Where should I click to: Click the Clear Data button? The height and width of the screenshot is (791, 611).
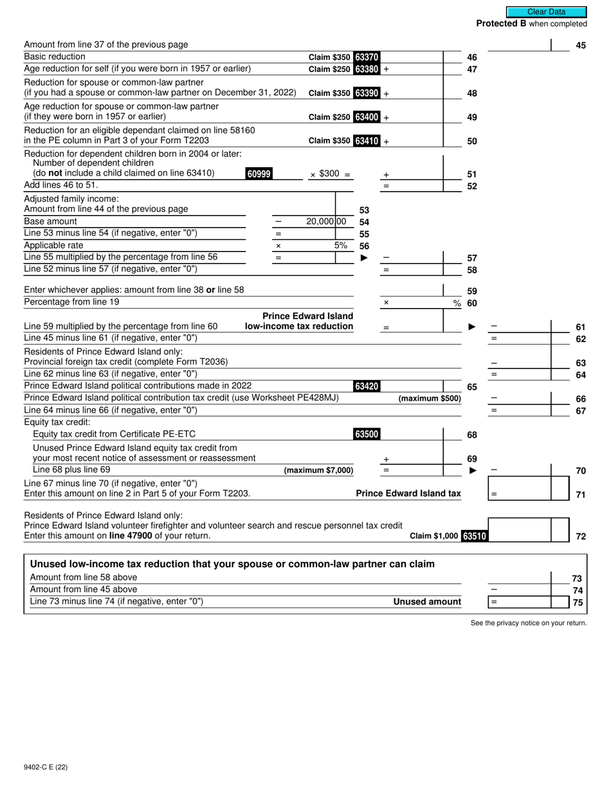point(546,12)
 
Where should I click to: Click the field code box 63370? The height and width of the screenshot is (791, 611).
point(367,57)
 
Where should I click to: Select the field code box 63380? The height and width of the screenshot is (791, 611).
point(367,69)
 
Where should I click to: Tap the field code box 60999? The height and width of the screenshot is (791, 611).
point(259,174)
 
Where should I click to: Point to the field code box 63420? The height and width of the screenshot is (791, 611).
point(367,386)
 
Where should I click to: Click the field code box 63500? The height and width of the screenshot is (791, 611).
point(367,435)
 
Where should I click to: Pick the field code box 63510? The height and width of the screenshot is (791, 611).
point(475,536)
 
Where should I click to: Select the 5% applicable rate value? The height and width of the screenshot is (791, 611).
point(341,245)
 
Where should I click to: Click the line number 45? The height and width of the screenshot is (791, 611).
point(581,46)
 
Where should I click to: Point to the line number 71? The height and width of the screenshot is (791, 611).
point(581,495)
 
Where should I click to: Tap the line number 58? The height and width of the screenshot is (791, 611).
point(472,270)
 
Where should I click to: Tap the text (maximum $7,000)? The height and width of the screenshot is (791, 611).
point(318,471)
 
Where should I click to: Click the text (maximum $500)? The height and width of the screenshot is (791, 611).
point(430,399)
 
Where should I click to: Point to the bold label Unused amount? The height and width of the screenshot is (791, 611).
point(427,602)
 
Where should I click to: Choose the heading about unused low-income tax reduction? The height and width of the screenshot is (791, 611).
point(232,564)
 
